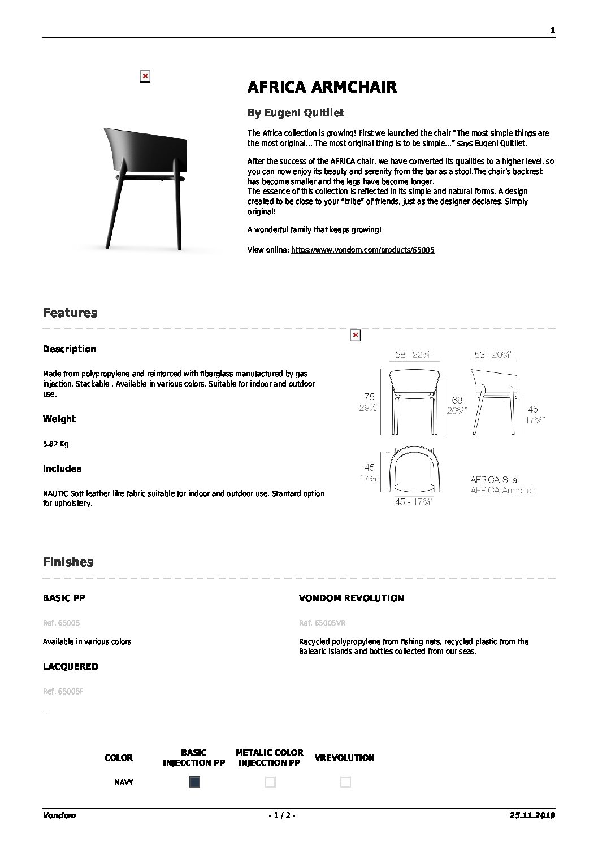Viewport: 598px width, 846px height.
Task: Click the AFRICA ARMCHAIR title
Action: (x=322, y=87)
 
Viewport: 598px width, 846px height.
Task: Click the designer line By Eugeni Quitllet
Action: (x=296, y=113)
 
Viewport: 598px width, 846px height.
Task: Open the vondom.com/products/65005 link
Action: (x=362, y=250)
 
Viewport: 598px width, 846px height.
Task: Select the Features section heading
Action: (x=70, y=313)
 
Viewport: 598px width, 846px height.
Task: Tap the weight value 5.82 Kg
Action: (x=55, y=444)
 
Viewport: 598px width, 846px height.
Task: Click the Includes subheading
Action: (x=62, y=468)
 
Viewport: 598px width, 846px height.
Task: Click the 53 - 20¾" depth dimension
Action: (x=493, y=355)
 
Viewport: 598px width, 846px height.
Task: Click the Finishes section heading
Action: (x=68, y=562)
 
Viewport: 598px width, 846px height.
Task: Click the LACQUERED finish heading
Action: (x=70, y=666)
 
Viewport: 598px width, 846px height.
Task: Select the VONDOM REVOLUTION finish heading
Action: (x=351, y=598)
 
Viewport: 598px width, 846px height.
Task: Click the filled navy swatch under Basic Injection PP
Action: (x=194, y=782)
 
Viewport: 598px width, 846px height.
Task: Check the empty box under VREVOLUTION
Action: (x=345, y=782)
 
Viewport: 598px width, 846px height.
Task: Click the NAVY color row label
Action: (x=124, y=783)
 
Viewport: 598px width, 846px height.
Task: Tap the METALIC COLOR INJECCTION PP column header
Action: (x=270, y=757)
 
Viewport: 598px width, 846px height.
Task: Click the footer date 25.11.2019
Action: (x=532, y=815)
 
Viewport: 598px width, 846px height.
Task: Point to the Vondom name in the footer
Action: (x=59, y=815)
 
